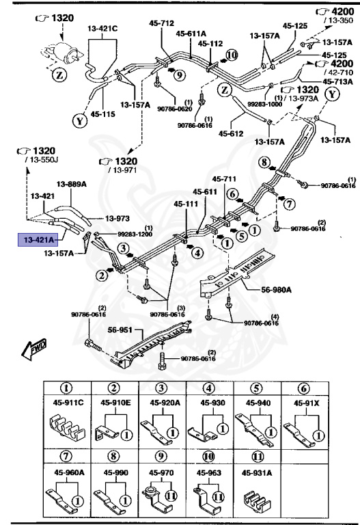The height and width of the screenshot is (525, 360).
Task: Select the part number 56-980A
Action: [x=277, y=289]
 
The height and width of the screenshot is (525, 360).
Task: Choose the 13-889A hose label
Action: [x=70, y=184]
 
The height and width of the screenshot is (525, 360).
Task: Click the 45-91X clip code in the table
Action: [x=307, y=403]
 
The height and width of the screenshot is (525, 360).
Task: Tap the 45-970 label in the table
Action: [x=161, y=472]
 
